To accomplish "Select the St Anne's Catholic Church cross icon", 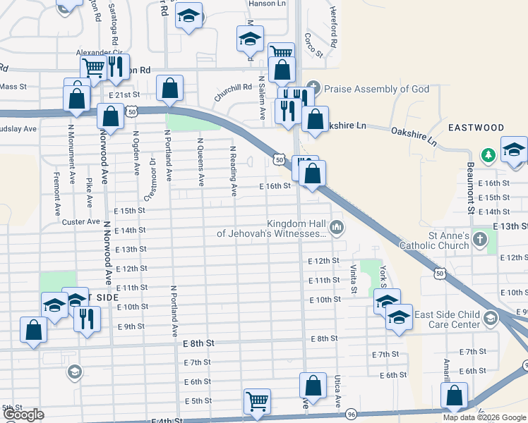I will [480, 239].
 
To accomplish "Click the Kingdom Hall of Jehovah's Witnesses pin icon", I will [337, 228].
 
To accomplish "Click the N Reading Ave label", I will [233, 171].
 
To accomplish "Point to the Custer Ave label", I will [81, 221].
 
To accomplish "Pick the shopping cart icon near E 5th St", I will [257, 401].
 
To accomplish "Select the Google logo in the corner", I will [23, 415].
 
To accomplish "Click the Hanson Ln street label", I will [268, 4].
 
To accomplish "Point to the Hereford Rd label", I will [333, 23].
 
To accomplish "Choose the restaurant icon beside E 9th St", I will [87, 318].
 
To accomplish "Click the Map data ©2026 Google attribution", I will [484, 417].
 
